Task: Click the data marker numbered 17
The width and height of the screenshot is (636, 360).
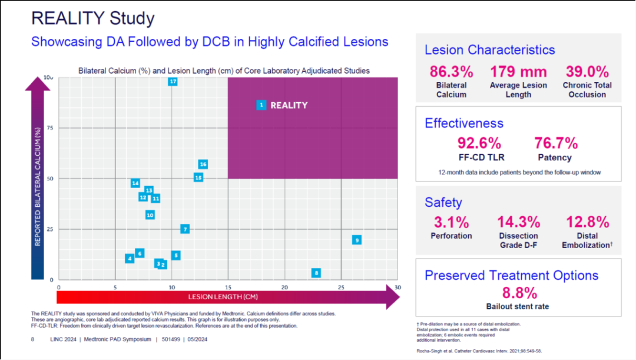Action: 173,81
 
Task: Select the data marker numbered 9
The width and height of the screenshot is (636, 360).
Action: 356,240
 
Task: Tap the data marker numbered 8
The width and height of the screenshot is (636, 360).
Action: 316,273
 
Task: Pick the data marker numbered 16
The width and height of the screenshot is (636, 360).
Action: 203,164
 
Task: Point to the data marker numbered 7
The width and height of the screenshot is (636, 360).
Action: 185,229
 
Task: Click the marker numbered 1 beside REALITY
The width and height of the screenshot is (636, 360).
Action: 261,105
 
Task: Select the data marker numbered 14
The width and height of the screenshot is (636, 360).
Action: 135,183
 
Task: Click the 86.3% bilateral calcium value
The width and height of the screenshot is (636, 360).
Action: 451,72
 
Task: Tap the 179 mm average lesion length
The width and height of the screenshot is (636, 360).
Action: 518,72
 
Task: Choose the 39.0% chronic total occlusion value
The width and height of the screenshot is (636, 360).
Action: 587,72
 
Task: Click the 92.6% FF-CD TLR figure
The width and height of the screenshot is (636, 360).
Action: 479,143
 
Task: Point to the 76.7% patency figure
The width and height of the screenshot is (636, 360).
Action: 556,143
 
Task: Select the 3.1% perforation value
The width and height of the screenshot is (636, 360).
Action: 451,222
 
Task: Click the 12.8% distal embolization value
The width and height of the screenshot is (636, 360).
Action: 588,222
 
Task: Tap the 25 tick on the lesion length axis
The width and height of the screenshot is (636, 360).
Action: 341,287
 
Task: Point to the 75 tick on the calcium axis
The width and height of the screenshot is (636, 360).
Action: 49,128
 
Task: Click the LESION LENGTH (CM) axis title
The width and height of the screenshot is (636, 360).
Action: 223,296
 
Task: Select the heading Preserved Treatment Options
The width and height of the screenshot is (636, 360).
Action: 511,275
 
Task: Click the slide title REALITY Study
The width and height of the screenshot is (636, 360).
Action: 92,18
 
